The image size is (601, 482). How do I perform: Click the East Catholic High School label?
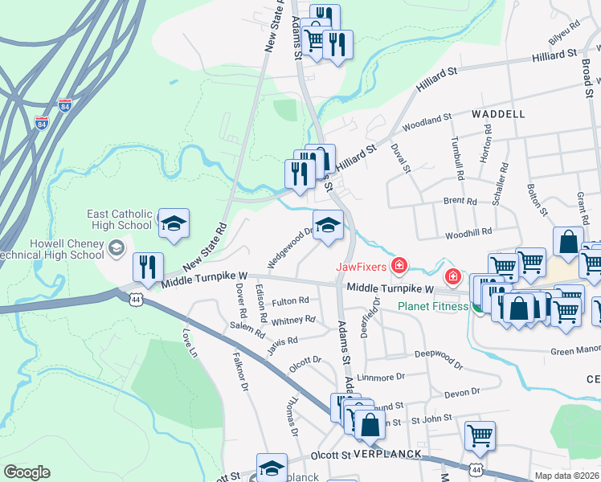click(x=120, y=220)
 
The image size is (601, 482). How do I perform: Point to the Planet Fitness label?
click(x=432, y=306)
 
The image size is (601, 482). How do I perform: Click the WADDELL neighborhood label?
click(x=498, y=114)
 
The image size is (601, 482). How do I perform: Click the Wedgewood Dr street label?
click(x=290, y=247)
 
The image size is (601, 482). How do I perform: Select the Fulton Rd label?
click(x=290, y=301)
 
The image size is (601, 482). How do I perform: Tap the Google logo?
click(x=27, y=472)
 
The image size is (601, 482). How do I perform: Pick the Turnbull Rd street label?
click(x=456, y=158)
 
